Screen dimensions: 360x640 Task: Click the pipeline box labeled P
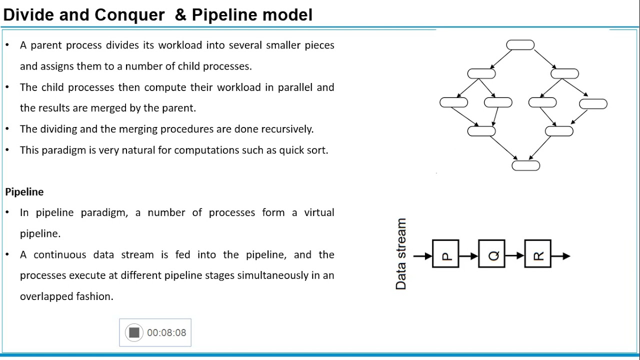(x=445, y=254)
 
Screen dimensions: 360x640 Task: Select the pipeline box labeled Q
(x=491, y=254)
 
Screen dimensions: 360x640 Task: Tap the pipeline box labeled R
(x=537, y=254)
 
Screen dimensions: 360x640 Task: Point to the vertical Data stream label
(x=401, y=254)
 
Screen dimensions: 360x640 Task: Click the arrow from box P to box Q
(x=468, y=256)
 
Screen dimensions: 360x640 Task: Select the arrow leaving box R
(x=560, y=256)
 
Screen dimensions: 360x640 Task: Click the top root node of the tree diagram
(x=520, y=45)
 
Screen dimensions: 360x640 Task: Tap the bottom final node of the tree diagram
(x=525, y=165)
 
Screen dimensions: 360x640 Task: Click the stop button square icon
(x=134, y=332)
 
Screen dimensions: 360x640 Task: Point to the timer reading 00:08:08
(x=166, y=333)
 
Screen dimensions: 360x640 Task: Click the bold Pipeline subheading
(x=24, y=192)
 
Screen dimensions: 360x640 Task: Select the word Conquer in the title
(x=129, y=15)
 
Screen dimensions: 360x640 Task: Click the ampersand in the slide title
(x=180, y=15)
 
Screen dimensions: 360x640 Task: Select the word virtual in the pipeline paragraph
(x=319, y=212)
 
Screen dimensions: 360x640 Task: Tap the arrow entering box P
(x=422, y=256)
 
